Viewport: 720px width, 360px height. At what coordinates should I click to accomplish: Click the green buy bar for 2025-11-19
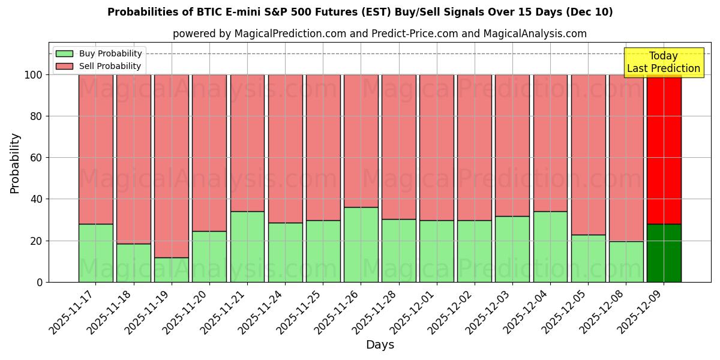172,270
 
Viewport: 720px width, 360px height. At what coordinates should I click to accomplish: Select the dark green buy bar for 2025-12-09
664,253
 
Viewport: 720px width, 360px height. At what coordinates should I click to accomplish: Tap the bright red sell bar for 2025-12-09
664,150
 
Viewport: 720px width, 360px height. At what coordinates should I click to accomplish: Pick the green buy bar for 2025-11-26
361,245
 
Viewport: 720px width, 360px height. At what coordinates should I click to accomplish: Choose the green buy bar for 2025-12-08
626,262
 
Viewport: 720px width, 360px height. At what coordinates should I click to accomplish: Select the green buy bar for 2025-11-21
247,247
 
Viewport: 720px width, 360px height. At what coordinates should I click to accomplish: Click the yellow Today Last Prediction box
664,62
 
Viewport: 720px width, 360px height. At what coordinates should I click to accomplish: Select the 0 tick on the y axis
40,282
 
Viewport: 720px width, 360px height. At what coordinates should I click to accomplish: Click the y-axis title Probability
16,163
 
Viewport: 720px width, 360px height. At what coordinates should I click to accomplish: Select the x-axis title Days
380,345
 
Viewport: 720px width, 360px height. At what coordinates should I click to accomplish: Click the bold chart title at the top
360,12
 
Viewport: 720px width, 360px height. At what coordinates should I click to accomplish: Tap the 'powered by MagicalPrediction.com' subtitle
380,34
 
